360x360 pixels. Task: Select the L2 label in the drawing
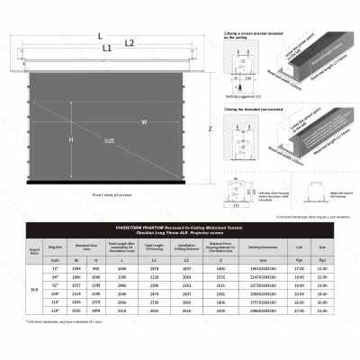[129, 42]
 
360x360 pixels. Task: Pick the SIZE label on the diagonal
[109, 141]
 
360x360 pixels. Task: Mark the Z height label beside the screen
[208, 129]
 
